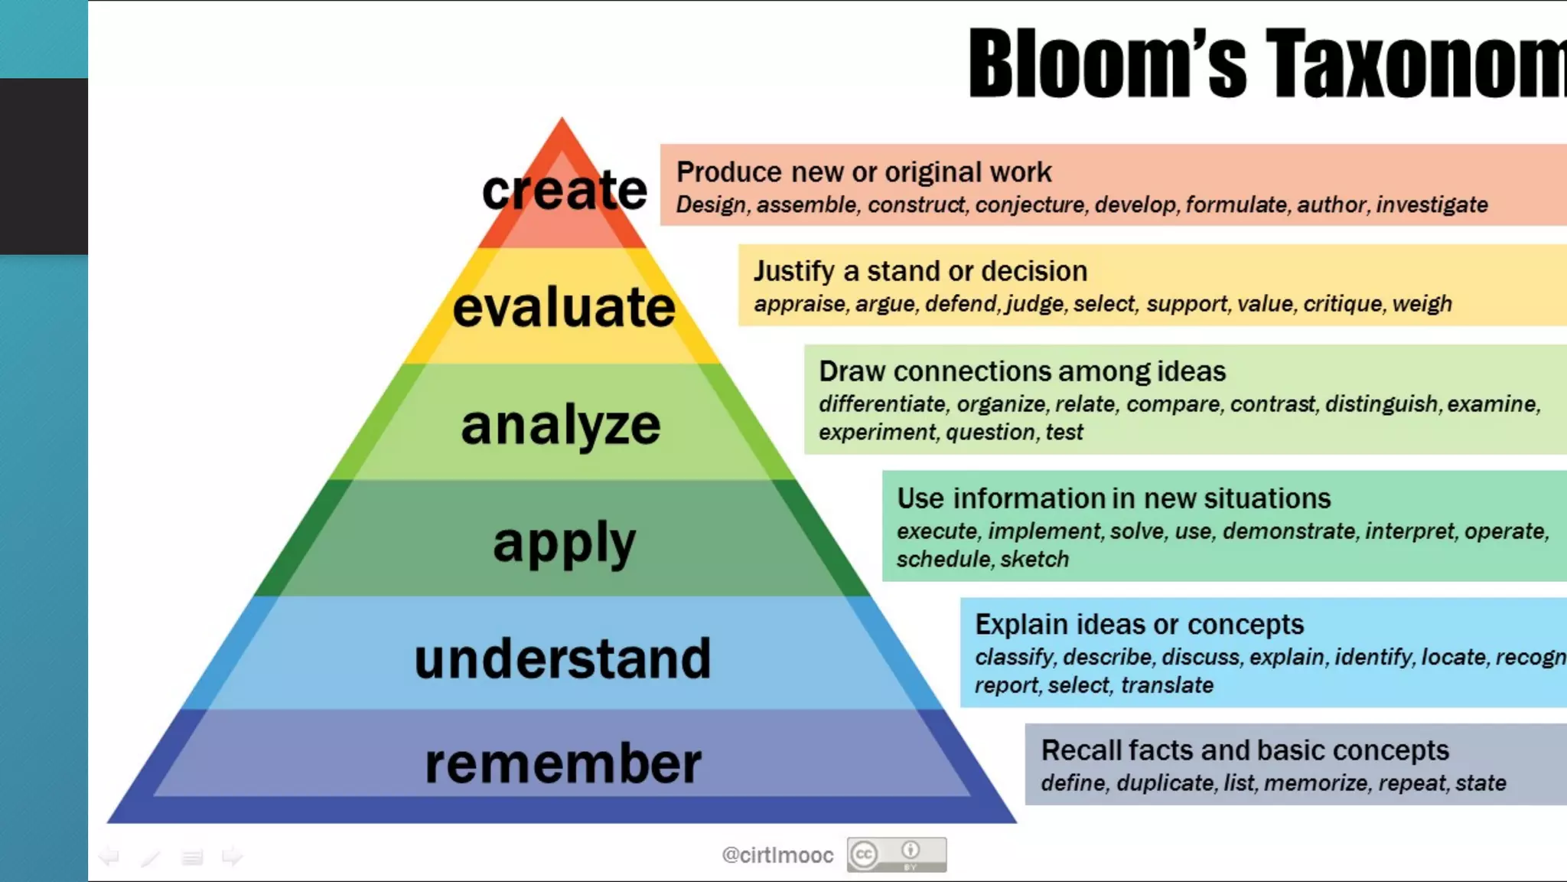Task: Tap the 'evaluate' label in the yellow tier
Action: tap(564, 307)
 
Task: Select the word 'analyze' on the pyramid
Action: tap(560, 425)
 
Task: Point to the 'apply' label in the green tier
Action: tap(564, 543)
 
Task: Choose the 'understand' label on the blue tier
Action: tap(562, 658)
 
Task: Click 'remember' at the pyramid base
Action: tap(563, 763)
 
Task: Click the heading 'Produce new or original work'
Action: tap(864, 172)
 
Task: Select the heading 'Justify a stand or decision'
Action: tap(920, 271)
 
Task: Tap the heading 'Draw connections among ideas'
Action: tap(1022, 371)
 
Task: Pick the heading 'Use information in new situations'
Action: tap(1113, 498)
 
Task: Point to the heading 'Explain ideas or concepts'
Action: tap(1139, 625)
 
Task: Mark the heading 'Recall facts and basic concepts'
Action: tap(1245, 750)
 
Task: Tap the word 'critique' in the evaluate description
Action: tap(1343, 304)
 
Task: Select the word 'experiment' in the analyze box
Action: tap(877, 433)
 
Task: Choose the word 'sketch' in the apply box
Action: tap(1034, 560)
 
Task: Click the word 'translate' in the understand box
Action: tap(1167, 685)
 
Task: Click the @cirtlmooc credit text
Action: tap(777, 855)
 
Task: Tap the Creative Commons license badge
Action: tap(896, 854)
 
